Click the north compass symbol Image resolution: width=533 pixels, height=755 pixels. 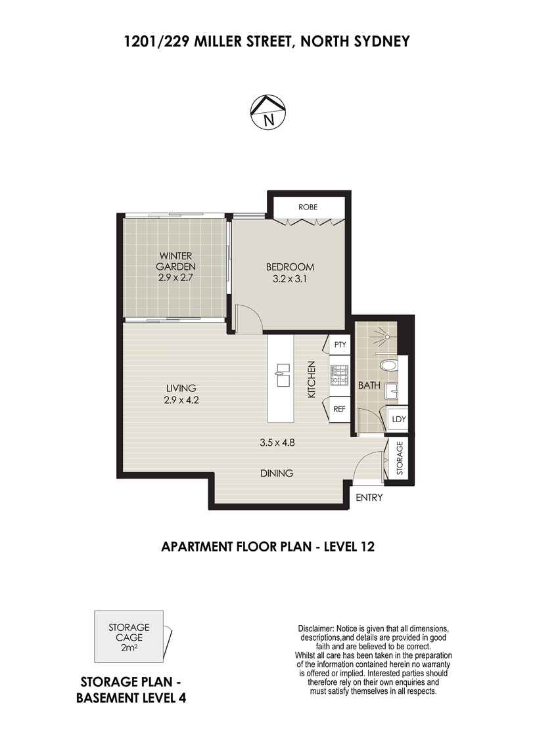268,112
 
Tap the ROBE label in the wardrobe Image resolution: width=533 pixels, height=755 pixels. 308,207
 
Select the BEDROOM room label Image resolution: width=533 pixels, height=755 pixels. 290,267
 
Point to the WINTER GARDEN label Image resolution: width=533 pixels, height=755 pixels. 175,261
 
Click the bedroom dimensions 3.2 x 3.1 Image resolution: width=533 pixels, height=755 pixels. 290,278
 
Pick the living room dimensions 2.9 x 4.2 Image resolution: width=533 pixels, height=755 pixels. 181,400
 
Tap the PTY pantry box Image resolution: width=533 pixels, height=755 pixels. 340,345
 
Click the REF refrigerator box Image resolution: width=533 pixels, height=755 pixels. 339,409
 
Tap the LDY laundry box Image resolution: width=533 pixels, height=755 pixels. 398,419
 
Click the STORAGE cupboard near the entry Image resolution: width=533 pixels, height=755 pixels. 400,458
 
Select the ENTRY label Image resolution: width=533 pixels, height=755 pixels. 369,498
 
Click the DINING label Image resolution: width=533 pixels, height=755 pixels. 277,473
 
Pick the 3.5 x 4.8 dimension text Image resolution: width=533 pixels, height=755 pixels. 277,442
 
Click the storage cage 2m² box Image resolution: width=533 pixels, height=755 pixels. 129,637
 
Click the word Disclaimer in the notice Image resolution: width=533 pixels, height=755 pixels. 315,629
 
